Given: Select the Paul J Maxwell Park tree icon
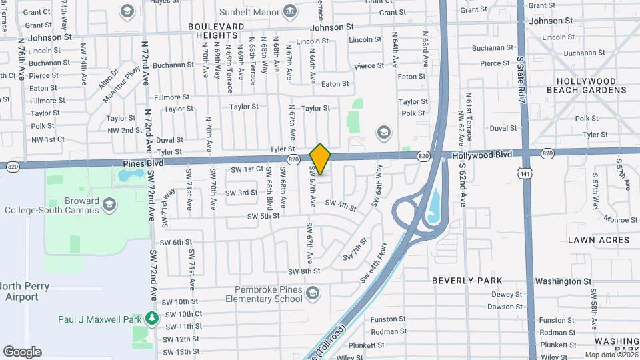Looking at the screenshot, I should [x=153, y=319].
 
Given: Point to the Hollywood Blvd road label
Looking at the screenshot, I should [x=482, y=155].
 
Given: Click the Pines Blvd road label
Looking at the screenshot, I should [x=143, y=163].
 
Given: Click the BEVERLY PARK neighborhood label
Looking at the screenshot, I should [x=467, y=281].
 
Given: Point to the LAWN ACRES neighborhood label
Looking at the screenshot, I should [x=599, y=239].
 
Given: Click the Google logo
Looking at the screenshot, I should [x=22, y=351].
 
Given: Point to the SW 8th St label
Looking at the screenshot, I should [x=304, y=271].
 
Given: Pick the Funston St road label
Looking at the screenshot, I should [x=388, y=319].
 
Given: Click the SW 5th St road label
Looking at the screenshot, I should [x=263, y=216].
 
